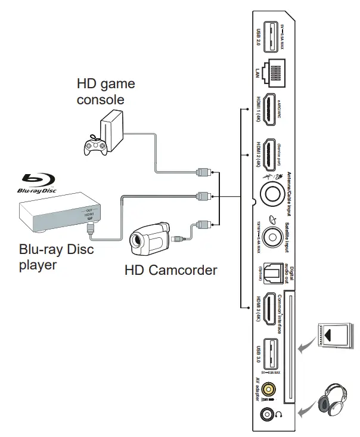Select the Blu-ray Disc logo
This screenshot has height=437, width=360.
38,182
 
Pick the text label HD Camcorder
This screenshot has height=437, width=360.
170,270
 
